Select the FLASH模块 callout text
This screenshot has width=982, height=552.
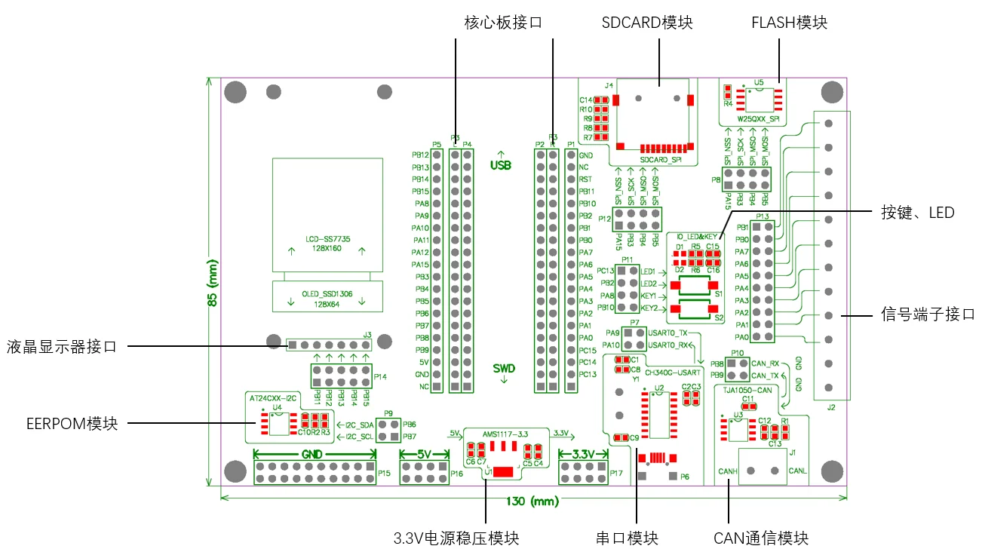tap(789, 23)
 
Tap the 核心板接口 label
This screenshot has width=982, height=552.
tap(503, 23)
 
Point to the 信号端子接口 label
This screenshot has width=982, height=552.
tap(928, 314)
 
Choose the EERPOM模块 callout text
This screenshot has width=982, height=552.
tap(72, 423)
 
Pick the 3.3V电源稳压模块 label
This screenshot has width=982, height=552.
tap(457, 538)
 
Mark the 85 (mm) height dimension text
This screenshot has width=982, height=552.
tap(213, 287)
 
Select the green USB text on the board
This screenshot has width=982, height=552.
tap(501, 165)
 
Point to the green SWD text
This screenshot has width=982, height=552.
tap(504, 369)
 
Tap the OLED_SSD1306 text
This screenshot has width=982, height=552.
tap(327, 294)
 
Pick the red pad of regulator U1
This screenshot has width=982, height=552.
tap(504, 471)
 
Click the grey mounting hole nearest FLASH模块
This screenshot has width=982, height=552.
tap(832, 93)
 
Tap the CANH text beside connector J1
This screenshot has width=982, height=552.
tap(727, 472)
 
